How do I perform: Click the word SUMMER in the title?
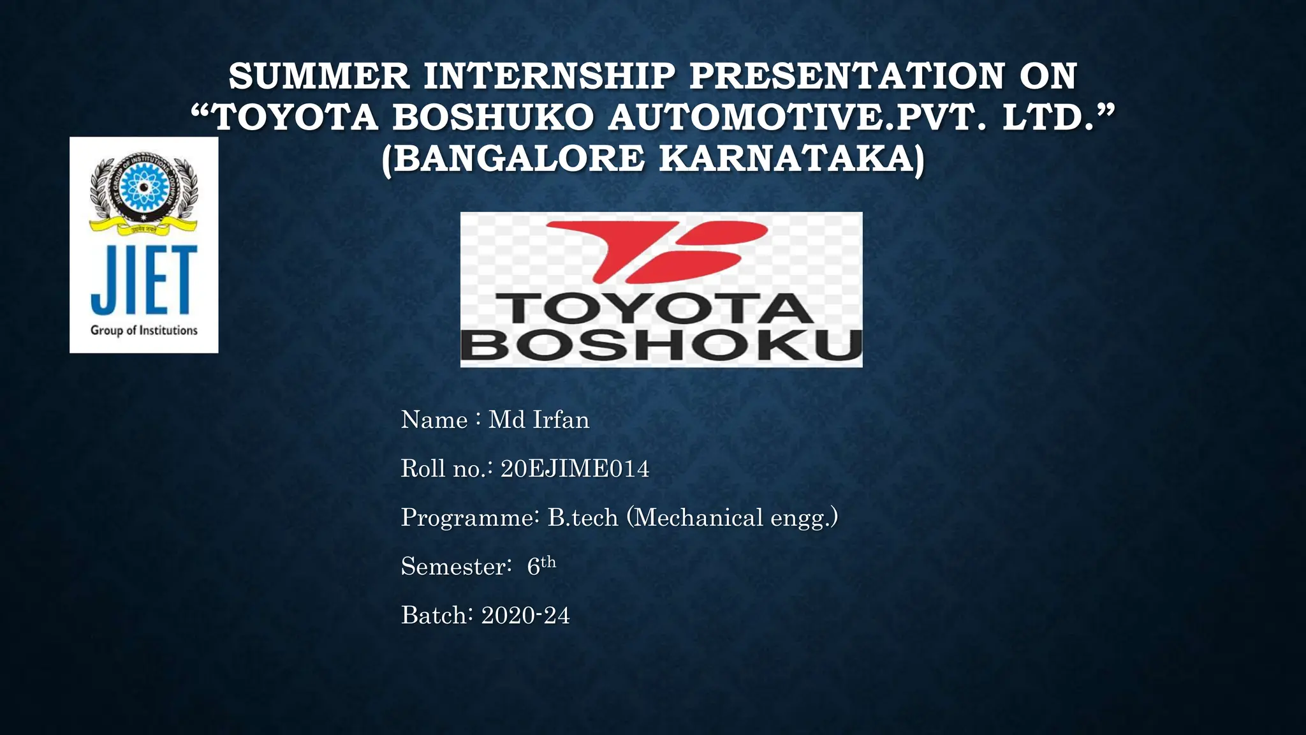tap(319, 77)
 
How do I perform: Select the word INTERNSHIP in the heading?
tap(549, 77)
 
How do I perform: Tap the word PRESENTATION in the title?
tap(847, 77)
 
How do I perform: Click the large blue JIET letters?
tap(144, 281)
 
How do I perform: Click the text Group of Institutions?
tap(144, 330)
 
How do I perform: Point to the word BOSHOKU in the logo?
tap(661, 346)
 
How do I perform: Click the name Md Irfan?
tap(539, 420)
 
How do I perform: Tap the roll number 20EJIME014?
tap(575, 469)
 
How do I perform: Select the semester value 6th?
tap(541, 566)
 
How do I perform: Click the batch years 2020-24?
tap(525, 616)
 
